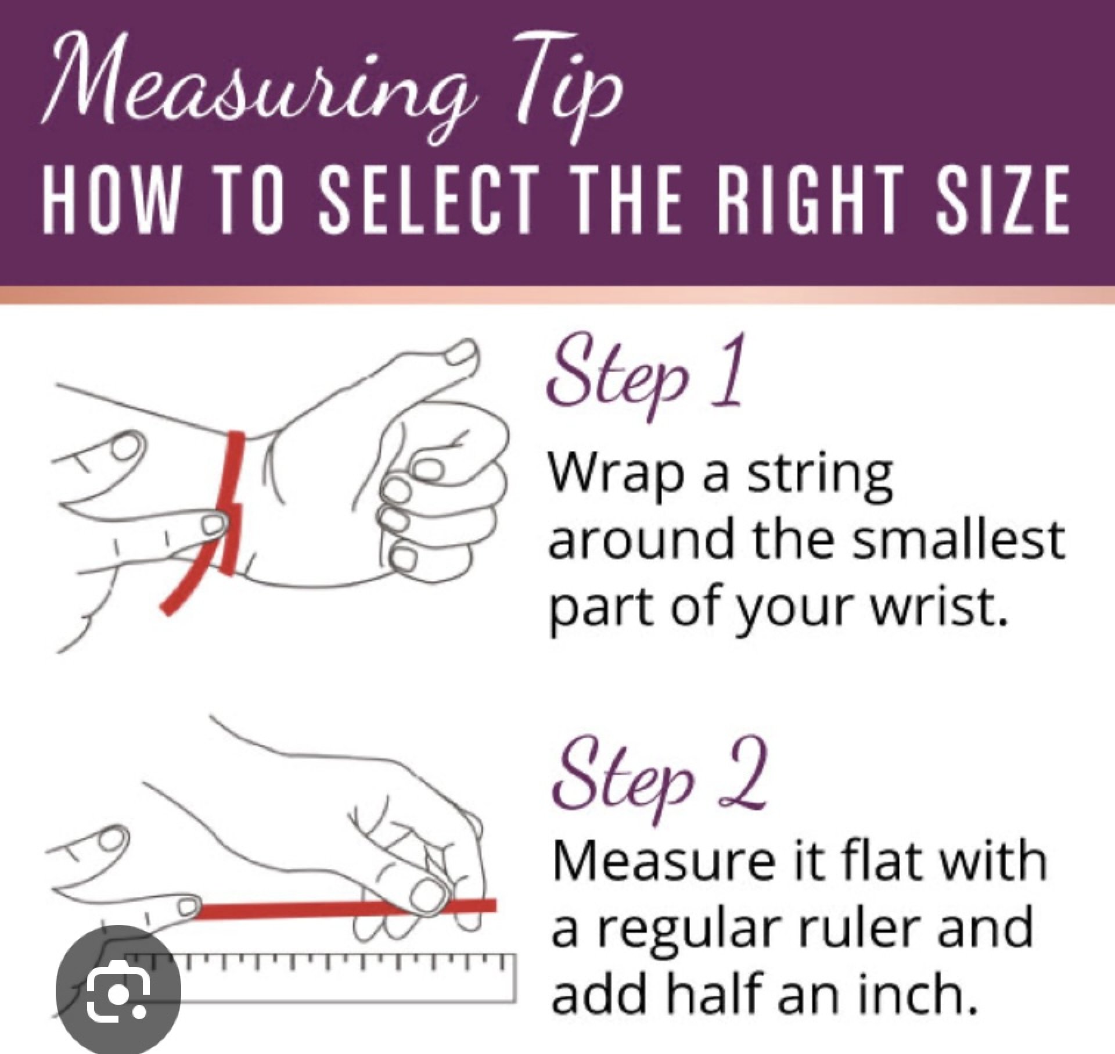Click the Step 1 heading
coord(645,372)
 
